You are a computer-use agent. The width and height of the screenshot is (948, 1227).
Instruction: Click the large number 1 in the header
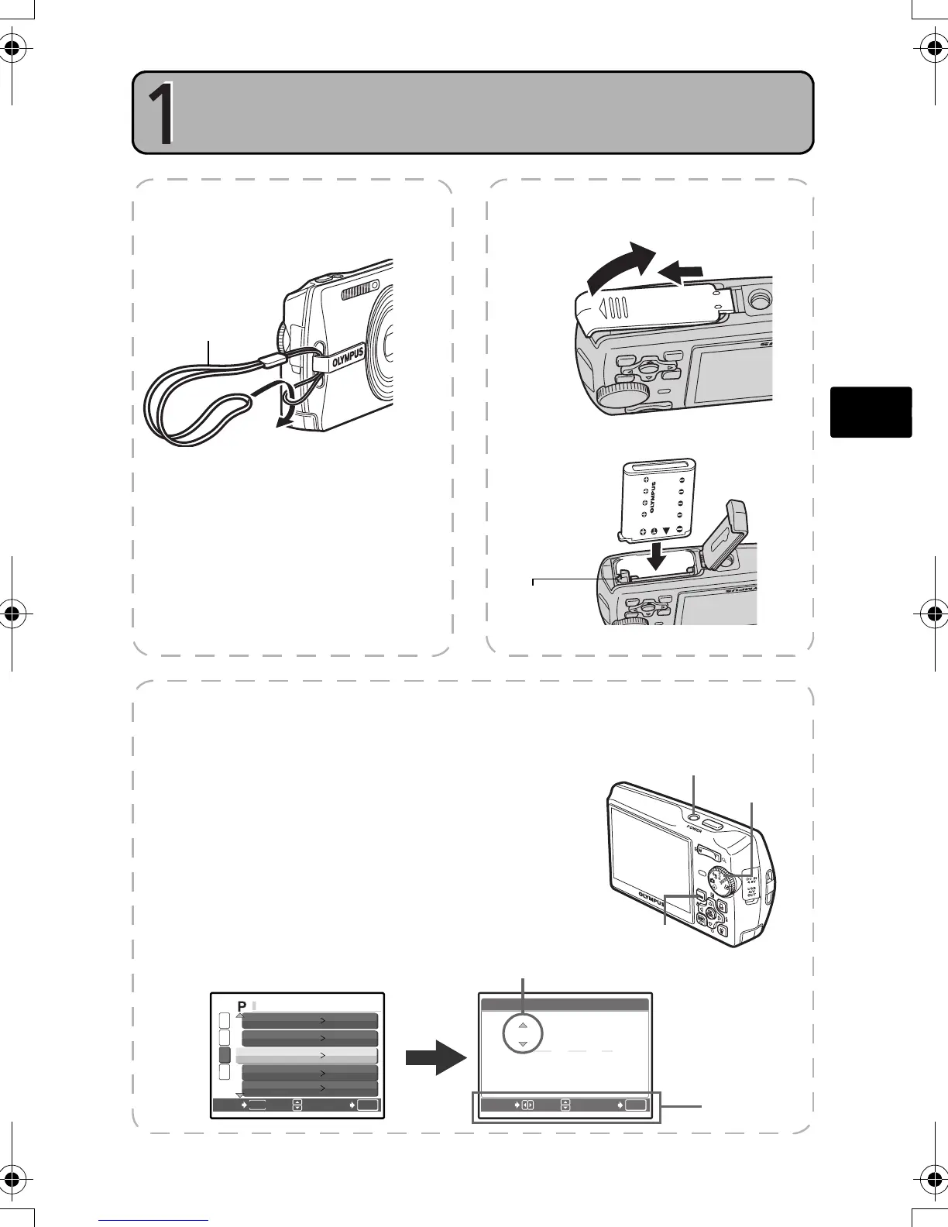[161, 114]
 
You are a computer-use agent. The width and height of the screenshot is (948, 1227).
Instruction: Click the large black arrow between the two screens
[436, 1057]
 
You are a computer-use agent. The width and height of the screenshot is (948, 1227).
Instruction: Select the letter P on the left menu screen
[242, 1005]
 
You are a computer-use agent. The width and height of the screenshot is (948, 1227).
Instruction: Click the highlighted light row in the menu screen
[307, 1056]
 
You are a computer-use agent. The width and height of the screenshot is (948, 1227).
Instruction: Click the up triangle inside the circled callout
[523, 1025]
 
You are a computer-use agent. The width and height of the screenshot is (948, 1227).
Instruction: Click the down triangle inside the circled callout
[523, 1044]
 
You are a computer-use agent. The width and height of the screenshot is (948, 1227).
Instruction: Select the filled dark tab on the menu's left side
[225, 1055]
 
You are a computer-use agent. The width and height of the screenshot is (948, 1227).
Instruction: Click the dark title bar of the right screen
[565, 1005]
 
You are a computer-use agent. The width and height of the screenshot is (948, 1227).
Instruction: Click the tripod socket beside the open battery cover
[760, 297]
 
